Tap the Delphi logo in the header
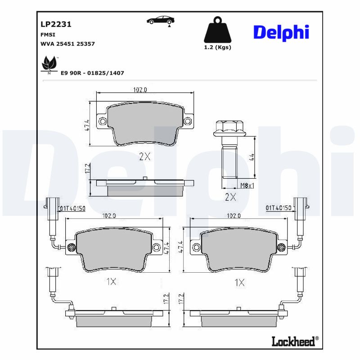[x=281, y=32]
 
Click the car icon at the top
[x=161, y=20]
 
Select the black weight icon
[x=217, y=30]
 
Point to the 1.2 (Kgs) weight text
[x=217, y=48]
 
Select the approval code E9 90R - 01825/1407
[x=92, y=72]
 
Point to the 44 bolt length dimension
[x=252, y=157]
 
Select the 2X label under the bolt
[x=230, y=197]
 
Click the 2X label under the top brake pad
[x=144, y=157]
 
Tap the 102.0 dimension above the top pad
[x=140, y=90]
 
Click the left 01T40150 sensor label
[x=73, y=207]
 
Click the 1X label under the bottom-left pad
[x=111, y=282]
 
